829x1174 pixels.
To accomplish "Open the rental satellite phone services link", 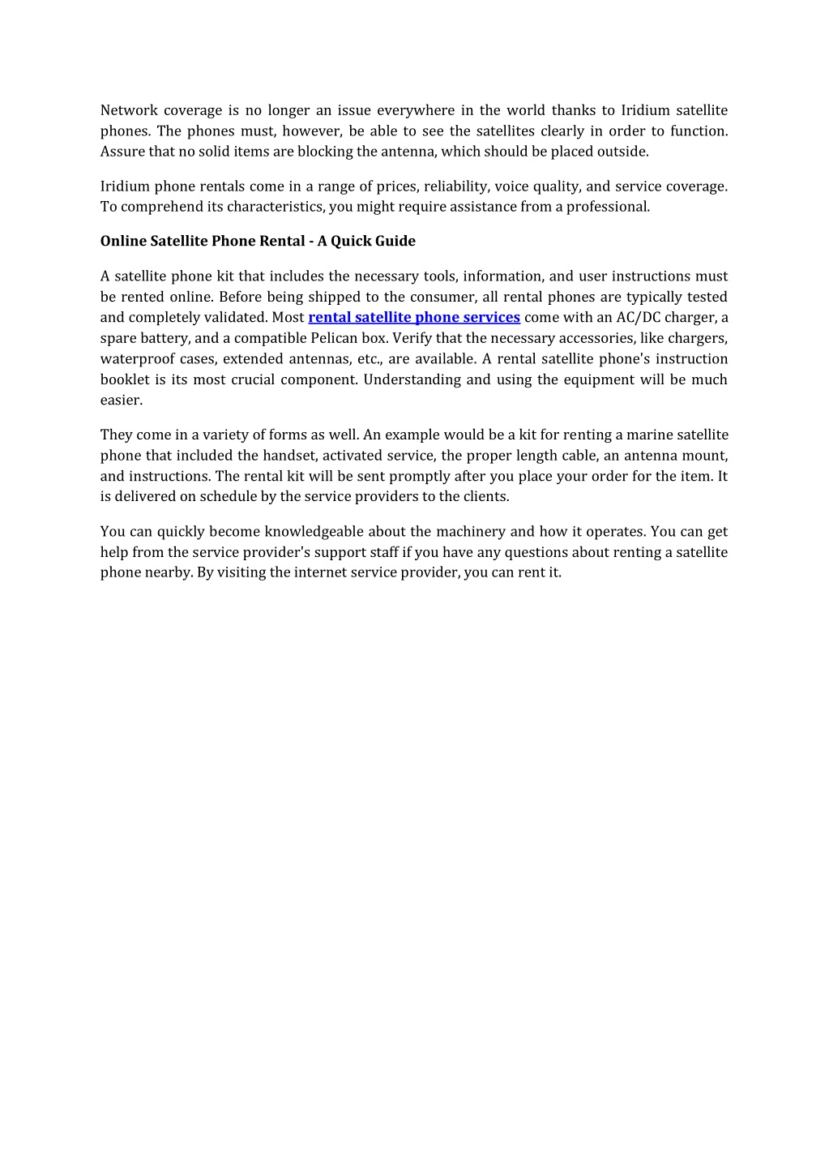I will coord(414,317).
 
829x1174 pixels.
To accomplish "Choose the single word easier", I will coord(122,400).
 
